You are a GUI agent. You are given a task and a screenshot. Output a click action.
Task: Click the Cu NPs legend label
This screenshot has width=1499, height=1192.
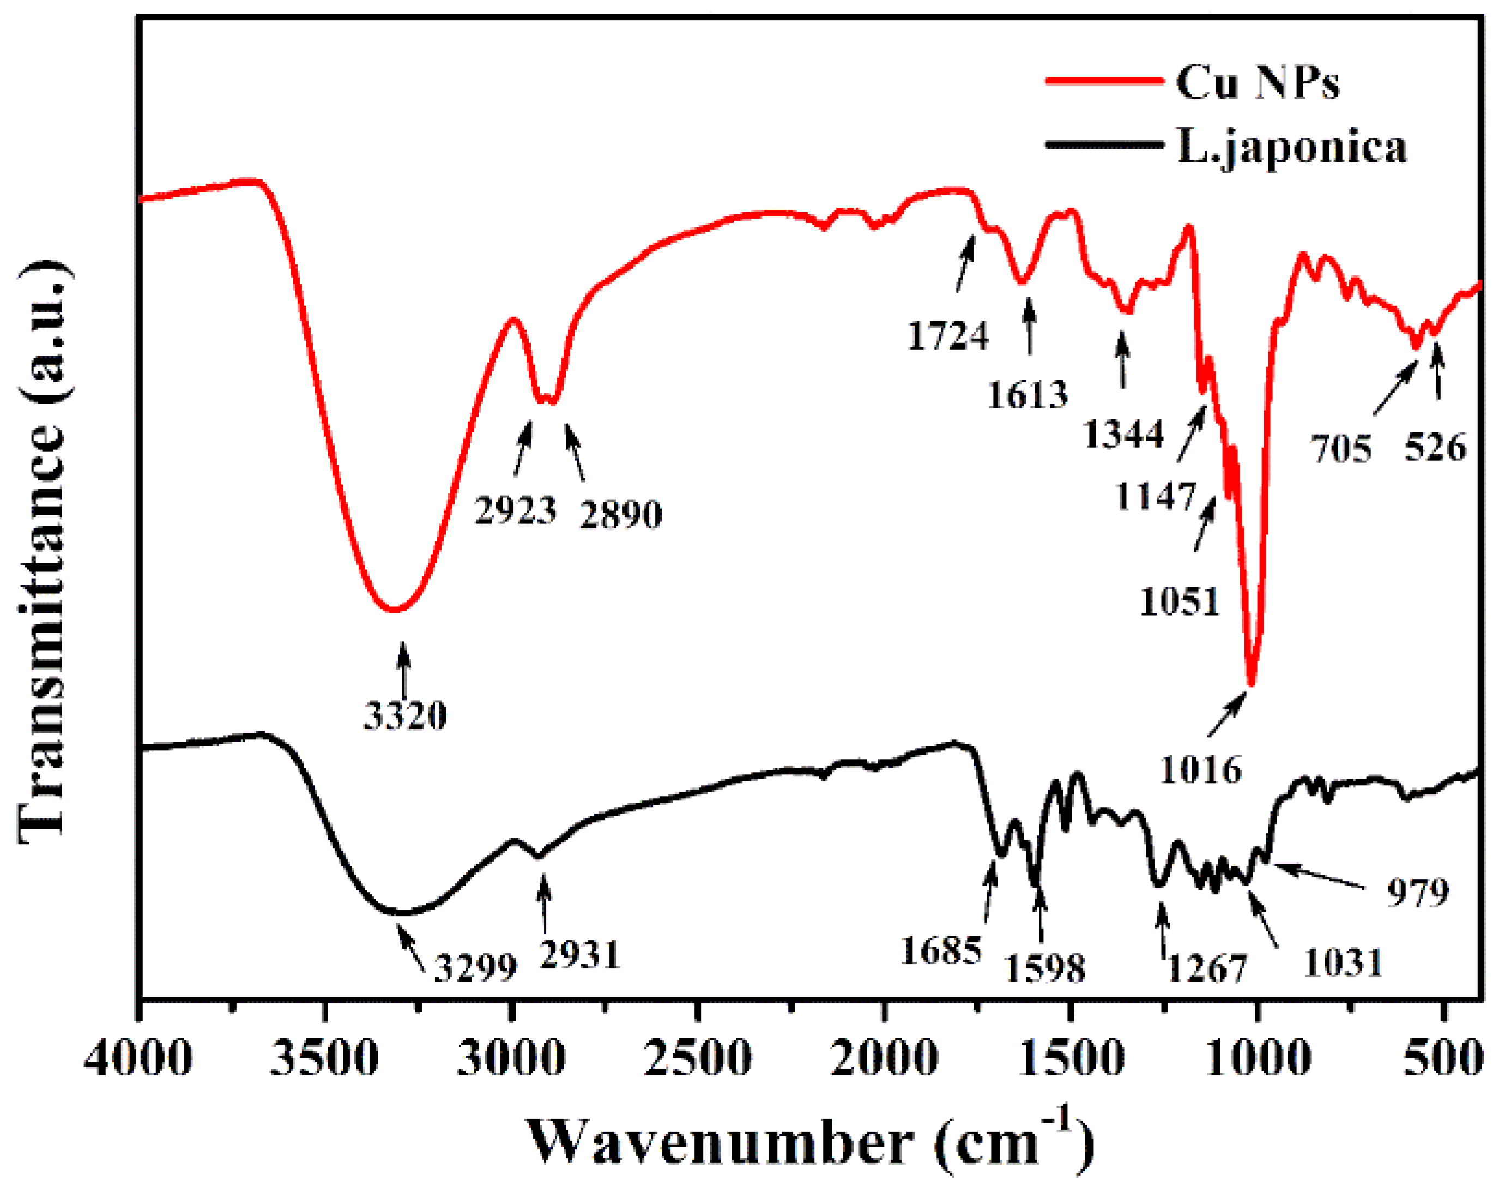[x=1257, y=82]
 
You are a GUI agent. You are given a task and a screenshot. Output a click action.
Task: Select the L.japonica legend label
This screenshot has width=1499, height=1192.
[x=1292, y=147]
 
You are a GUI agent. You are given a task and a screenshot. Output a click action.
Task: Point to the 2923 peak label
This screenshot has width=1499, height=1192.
[x=516, y=510]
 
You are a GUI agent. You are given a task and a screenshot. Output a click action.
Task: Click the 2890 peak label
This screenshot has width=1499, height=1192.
[x=621, y=515]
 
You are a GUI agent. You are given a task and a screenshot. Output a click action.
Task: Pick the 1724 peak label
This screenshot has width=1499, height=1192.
[x=948, y=336]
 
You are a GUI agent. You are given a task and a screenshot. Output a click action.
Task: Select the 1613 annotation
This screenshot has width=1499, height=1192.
[x=1027, y=395]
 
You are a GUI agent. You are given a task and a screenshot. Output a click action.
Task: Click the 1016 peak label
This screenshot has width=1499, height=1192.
[x=1201, y=770]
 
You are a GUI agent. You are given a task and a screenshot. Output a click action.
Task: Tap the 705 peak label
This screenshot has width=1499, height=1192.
[x=1341, y=449]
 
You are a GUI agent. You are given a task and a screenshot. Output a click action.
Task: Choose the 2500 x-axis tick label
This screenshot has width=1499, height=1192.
[x=697, y=1061]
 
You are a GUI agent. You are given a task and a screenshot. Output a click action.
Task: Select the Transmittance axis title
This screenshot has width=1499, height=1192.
[x=43, y=553]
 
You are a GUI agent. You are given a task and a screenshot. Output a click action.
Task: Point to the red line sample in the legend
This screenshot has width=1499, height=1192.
[x=1104, y=81]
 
